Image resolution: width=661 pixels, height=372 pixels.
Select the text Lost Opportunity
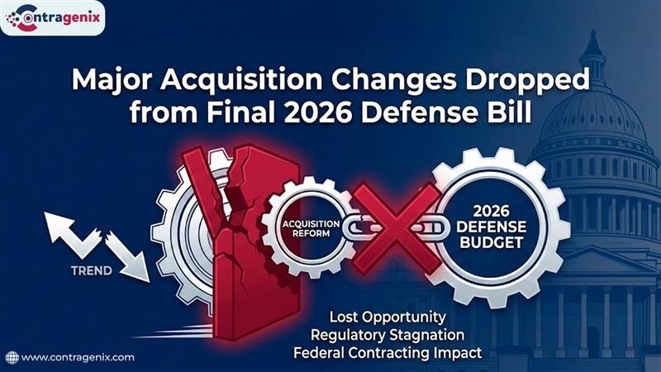(x=388, y=317)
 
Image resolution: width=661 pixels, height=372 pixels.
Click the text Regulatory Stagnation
(x=388, y=335)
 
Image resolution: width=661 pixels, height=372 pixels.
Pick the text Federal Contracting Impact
(x=388, y=353)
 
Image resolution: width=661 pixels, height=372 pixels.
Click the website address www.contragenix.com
(x=78, y=358)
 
